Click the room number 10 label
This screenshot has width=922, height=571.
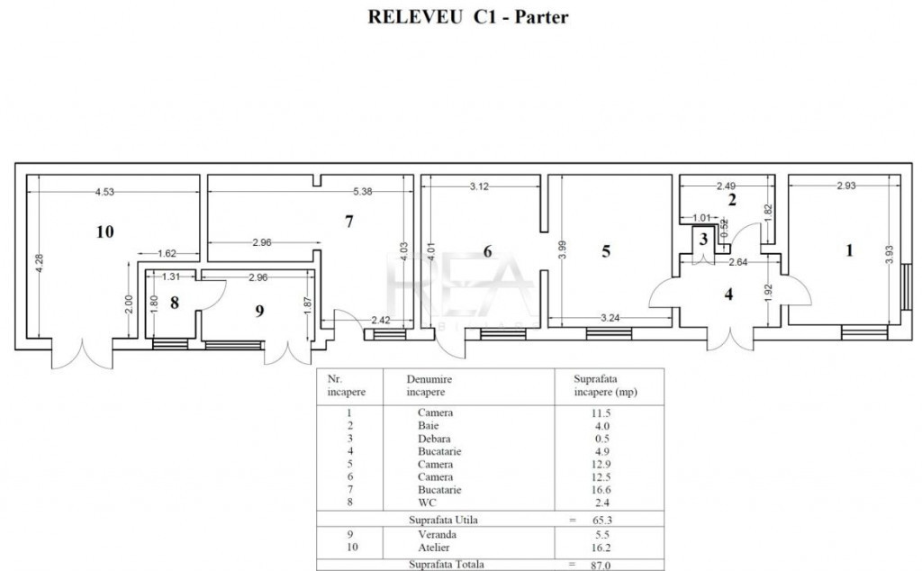pos(104,231)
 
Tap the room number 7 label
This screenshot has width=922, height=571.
pos(349,222)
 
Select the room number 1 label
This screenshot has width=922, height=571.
pos(848,250)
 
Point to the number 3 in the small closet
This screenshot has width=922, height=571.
pos(703,240)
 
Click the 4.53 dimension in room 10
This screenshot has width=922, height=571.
pos(104,192)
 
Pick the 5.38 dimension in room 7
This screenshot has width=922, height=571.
pos(363,191)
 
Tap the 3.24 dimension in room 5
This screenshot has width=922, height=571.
pos(610,318)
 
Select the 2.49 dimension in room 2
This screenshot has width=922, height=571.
pos(727,186)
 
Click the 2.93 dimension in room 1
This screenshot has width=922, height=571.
pos(846,186)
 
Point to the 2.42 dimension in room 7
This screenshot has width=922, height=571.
pos(381,321)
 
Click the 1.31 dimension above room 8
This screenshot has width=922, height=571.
pos(171,276)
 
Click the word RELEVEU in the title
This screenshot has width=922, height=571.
pos(415,17)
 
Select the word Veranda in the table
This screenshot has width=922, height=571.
pos(437,535)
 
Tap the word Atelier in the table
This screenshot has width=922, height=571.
pos(434,548)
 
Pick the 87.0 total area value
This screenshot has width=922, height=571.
pos(601,565)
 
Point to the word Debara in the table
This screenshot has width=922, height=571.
pos(434,439)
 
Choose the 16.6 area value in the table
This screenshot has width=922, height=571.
pos(601,490)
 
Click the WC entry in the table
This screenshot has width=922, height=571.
pos(428,503)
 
